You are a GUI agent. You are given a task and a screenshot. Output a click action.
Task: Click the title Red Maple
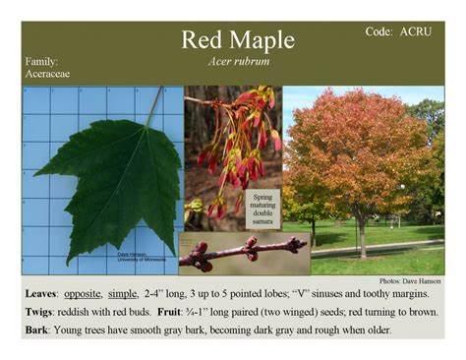[x=237, y=40]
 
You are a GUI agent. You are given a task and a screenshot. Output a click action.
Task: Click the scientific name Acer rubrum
[x=238, y=61]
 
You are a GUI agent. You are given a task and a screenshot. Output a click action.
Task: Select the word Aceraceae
[x=48, y=74]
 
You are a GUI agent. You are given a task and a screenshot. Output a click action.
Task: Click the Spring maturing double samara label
[x=262, y=211]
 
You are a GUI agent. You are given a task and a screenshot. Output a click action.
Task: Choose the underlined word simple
[x=128, y=294]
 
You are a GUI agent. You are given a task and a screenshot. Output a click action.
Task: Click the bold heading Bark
[x=36, y=330]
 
